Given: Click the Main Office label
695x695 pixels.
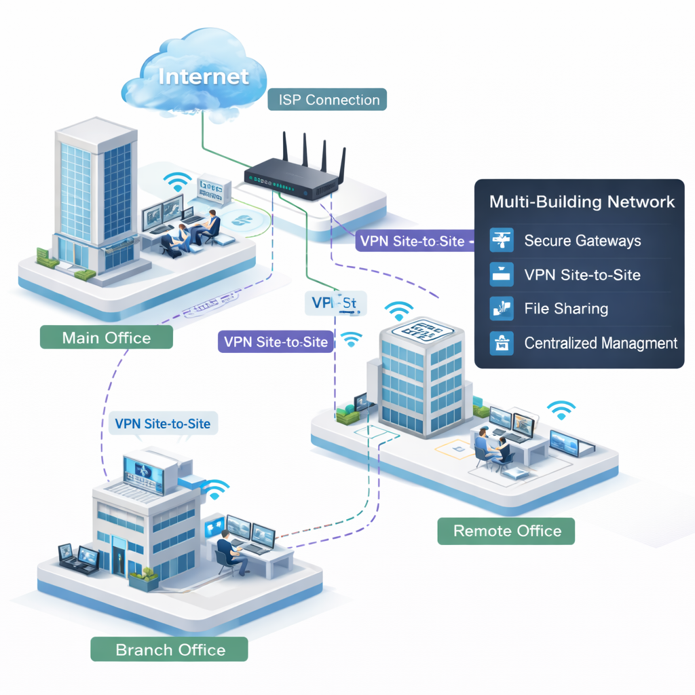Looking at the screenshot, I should pos(106,337).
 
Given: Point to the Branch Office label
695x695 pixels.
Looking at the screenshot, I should pos(170,650).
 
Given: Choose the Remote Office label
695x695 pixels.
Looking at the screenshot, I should pos(506,531).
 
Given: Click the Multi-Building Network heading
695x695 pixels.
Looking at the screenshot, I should pos(582,202).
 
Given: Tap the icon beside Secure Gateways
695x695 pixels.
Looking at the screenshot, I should pos(500,240).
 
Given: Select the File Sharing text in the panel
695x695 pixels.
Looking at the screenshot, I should pos(566,309).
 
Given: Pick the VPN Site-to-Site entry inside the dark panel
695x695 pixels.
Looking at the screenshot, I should pos(582,275).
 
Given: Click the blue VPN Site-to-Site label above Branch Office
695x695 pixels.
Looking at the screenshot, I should pos(162,424).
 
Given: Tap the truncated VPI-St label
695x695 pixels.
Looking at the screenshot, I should pos(335,302).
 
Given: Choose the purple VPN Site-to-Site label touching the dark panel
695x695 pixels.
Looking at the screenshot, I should pos(412,240).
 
